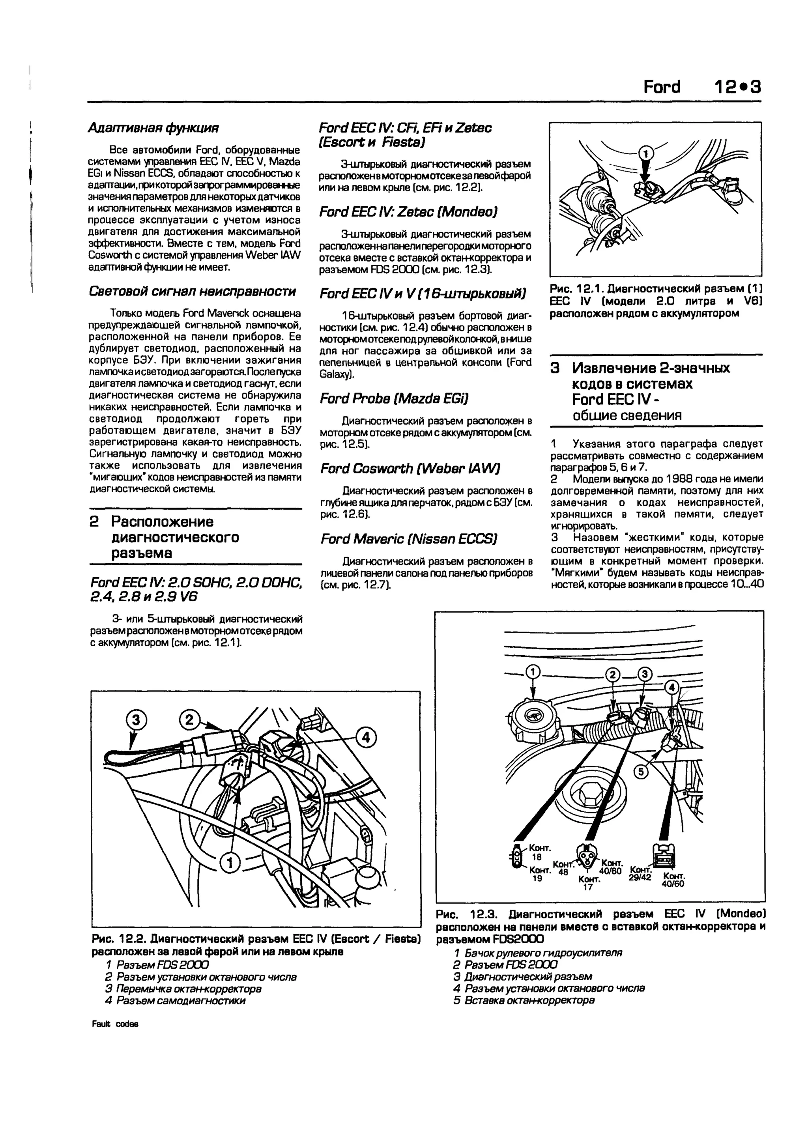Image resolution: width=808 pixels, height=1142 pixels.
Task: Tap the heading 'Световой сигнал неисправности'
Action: coord(192,291)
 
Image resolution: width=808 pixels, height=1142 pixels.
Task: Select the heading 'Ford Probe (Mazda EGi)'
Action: coord(394,398)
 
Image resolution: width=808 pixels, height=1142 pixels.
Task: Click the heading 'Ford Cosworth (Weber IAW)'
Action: coord(410,469)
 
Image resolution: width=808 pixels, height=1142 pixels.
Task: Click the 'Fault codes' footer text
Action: coord(115,1024)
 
